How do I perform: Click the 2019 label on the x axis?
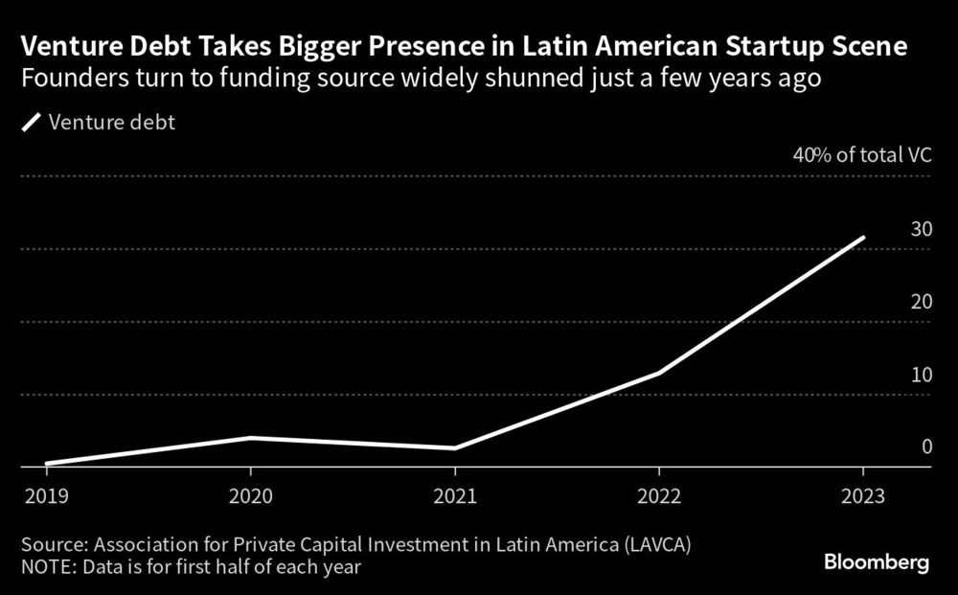[46, 498]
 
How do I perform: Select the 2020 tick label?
[250, 498]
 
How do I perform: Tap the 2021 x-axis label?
[454, 498]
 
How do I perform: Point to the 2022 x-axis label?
[659, 498]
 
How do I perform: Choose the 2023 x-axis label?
[863, 498]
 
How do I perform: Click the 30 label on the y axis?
[921, 229]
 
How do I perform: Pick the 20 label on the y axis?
[921, 302]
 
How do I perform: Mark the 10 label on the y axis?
[921, 375]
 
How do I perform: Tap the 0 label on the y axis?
[926, 446]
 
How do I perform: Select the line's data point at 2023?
[863, 238]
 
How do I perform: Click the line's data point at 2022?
[659, 373]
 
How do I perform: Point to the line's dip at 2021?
[454, 447]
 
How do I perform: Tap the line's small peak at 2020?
[250, 438]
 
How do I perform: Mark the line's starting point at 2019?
[46, 464]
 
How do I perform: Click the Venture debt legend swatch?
[32, 122]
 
